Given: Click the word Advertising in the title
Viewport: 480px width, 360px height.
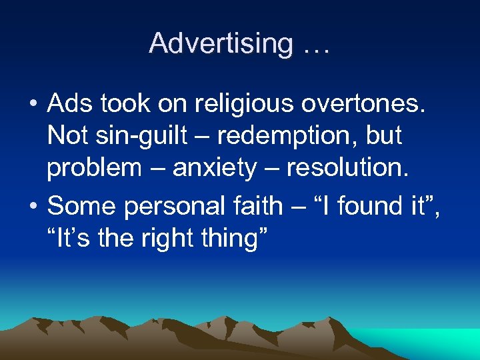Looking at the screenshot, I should coord(220,43).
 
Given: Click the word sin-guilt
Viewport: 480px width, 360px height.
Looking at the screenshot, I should coord(135,136).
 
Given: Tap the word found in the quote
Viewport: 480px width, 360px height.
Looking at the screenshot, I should coord(369,206).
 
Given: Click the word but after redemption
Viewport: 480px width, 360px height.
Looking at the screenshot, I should coord(383,136).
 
